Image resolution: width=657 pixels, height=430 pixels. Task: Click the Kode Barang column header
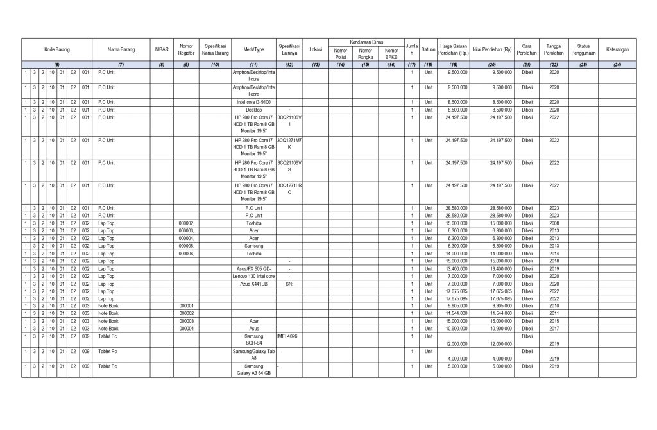tap(56, 49)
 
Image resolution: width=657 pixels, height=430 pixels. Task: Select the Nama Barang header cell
tap(121, 49)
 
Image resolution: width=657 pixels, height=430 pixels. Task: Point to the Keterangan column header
tap(617, 49)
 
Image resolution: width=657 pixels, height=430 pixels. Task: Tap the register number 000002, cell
tap(186, 223)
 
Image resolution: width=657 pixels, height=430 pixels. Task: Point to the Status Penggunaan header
tap(583, 49)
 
